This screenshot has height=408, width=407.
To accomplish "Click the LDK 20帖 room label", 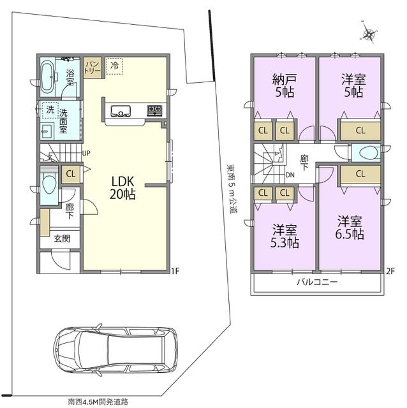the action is click(x=122, y=187).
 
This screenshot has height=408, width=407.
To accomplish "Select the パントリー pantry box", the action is click(x=93, y=68).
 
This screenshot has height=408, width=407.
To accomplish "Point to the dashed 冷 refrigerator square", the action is click(x=114, y=66).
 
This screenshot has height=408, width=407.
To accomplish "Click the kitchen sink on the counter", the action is click(x=121, y=111).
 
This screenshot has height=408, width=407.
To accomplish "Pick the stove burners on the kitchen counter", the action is click(x=154, y=110).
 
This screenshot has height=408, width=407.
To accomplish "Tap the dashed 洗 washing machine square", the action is click(x=50, y=110).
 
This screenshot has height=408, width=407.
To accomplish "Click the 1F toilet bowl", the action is click(x=49, y=184).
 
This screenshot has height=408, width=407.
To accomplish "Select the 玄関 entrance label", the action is click(x=62, y=238).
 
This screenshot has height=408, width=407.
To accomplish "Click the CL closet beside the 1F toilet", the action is click(x=71, y=174).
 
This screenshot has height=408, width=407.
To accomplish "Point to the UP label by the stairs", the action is click(x=86, y=153).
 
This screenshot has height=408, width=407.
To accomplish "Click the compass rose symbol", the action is click(x=369, y=33).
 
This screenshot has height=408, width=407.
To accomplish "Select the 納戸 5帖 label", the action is click(x=285, y=85).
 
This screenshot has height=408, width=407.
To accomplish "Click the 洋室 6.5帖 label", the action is click(x=350, y=227).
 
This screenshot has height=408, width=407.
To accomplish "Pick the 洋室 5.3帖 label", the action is click(x=285, y=236).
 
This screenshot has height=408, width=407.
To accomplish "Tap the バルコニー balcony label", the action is click(x=317, y=282).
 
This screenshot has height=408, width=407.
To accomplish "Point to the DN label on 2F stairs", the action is click(x=290, y=175).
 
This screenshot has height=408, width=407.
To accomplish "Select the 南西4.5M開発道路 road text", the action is click(x=98, y=402).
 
